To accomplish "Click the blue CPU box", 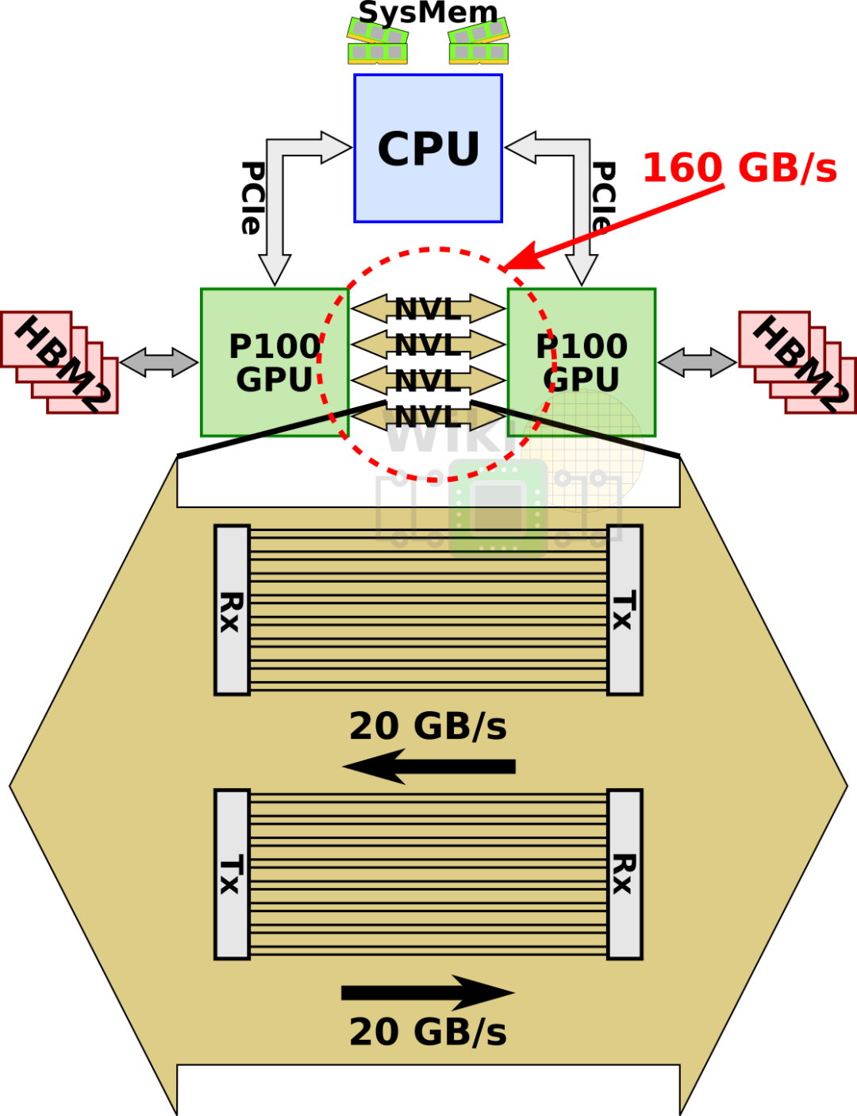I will pyautogui.click(x=428, y=148).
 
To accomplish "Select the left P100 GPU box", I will pyautogui.click(x=274, y=362).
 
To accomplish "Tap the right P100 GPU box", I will pyautogui.click(x=582, y=362).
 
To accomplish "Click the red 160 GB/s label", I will pyautogui.click(x=739, y=168).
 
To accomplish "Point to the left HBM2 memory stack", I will pyautogui.click(x=60, y=362).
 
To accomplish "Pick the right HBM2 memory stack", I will pyautogui.click(x=797, y=362).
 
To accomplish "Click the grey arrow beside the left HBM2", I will pyautogui.click(x=159, y=363).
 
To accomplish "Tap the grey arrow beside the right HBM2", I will pyautogui.click(x=697, y=363).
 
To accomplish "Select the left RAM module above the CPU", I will pyautogui.click(x=378, y=43).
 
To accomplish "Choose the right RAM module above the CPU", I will pyautogui.click(x=478, y=43).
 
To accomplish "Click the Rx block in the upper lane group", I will pyautogui.click(x=232, y=610).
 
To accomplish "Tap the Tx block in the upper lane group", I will pyautogui.click(x=624, y=610).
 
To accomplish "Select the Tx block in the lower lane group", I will pyautogui.click(x=232, y=874).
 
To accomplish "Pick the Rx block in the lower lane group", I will pyautogui.click(x=624, y=874).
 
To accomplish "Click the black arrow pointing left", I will pyautogui.click(x=428, y=766).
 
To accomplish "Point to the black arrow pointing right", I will pyautogui.click(x=428, y=992).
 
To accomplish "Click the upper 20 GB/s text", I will pyautogui.click(x=428, y=726).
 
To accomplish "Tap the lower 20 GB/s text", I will pyautogui.click(x=428, y=1032).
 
